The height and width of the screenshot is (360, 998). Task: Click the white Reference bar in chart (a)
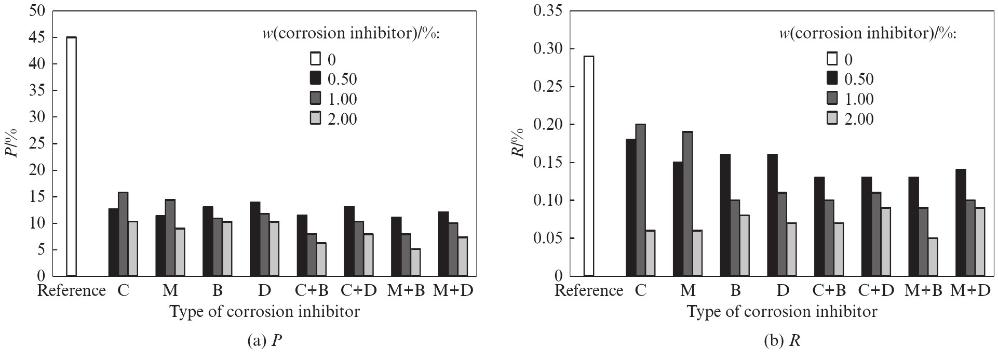[x=71, y=156]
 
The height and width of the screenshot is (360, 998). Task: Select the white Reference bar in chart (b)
[x=589, y=166]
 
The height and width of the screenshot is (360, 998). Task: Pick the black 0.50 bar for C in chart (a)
[x=113, y=242]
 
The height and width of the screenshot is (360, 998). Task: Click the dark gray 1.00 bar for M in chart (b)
[x=688, y=204]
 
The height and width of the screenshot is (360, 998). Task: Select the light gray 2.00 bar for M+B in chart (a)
[x=415, y=262]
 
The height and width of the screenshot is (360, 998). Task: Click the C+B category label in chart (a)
[x=312, y=290]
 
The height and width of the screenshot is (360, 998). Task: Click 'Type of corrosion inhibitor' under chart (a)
[x=264, y=312]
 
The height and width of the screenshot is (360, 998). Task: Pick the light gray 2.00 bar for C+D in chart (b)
[x=885, y=242]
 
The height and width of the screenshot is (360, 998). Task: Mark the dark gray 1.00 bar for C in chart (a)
[x=124, y=234]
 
